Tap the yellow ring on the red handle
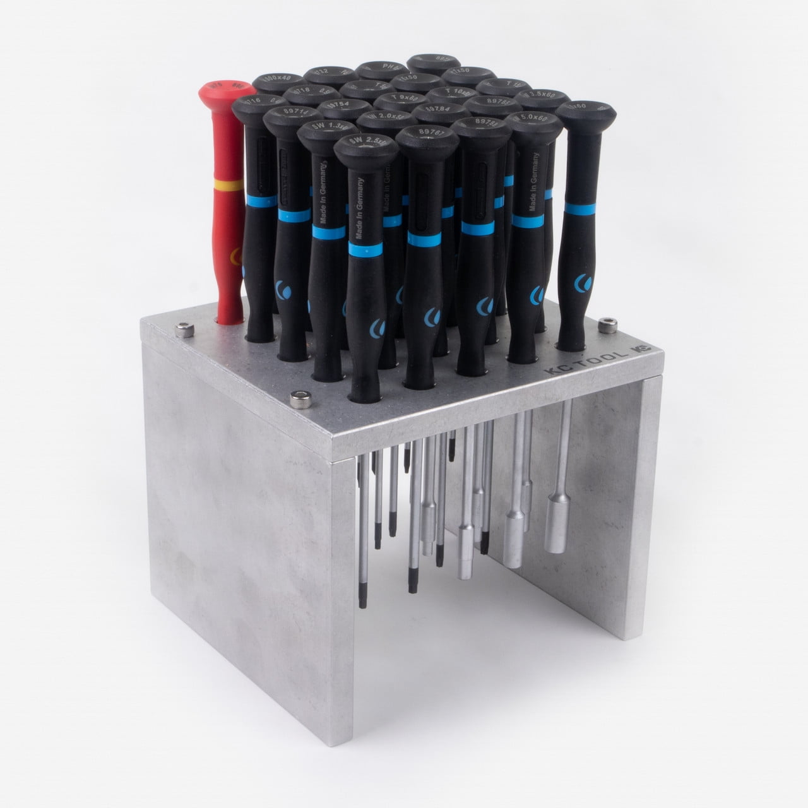coord(222,185)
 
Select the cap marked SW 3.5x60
coord(542,96)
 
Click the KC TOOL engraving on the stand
coord(586,360)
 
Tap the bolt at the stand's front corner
coord(296,398)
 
